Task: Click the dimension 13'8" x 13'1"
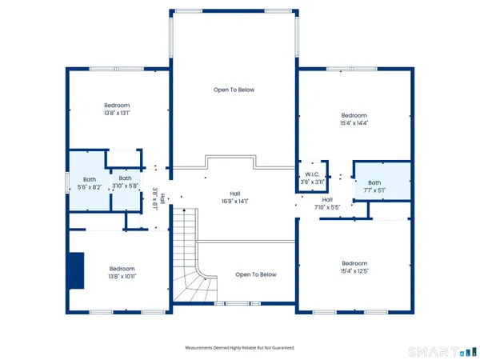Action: (117, 114)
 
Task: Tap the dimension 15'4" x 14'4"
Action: (354, 123)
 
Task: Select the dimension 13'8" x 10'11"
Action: (122, 277)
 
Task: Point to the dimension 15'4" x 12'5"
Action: (354, 272)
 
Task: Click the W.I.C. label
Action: (312, 174)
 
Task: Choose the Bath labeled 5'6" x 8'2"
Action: (89, 186)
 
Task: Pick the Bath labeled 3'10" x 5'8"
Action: (125, 186)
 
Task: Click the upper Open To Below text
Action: (234, 90)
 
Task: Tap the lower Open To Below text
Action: (256, 274)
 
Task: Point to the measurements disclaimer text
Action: (240, 348)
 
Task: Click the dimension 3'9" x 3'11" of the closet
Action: (312, 182)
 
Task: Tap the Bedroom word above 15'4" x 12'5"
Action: (354, 263)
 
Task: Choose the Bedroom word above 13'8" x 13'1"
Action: (117, 105)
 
